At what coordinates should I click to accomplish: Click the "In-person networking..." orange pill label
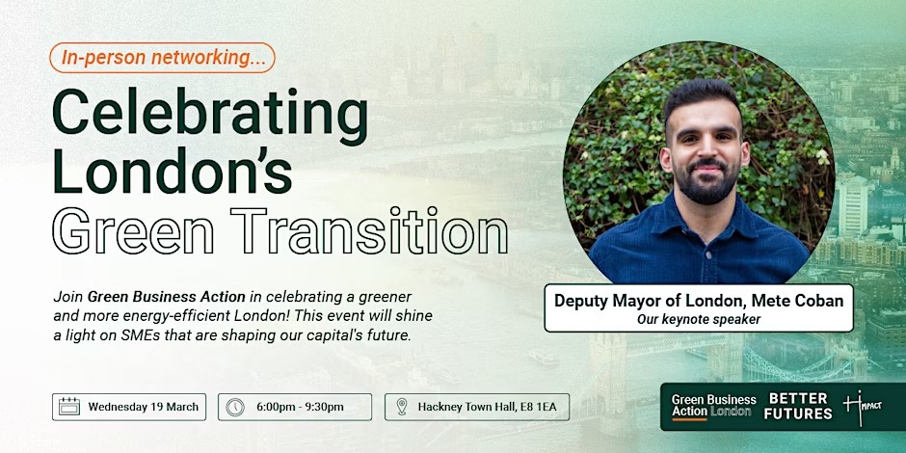162,58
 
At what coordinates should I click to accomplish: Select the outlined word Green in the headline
133,231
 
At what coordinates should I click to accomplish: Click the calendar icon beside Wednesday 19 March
69,407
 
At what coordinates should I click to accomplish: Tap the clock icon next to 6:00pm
235,407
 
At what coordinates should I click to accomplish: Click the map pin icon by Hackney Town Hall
402,407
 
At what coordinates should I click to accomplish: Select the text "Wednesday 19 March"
144,407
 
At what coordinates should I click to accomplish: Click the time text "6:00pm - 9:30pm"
300,407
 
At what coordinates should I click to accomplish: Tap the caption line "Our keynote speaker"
699,319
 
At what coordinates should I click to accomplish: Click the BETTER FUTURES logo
798,406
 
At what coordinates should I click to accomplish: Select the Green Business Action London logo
713,406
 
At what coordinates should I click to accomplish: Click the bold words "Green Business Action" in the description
167,297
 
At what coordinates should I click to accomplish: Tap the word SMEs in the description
134,336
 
